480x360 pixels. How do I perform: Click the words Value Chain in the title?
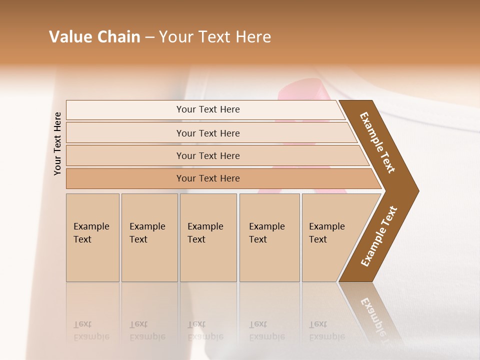(94, 37)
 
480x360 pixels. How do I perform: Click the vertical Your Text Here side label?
(57, 143)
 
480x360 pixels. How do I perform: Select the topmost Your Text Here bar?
(207, 109)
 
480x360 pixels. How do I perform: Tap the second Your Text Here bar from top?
(207, 133)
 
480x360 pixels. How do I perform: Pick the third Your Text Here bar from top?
(207, 155)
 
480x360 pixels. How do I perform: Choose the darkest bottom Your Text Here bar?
(207, 178)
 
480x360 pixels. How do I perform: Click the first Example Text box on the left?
(92, 237)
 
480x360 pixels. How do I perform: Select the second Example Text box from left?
(149, 237)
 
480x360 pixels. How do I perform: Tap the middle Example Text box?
(208, 237)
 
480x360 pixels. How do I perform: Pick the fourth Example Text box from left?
(269, 237)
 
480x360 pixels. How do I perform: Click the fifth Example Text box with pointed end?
(330, 237)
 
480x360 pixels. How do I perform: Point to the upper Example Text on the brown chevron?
(378, 142)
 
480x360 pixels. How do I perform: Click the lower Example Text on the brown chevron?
(379, 236)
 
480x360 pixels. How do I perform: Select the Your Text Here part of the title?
(215, 37)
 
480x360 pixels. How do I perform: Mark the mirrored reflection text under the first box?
(91, 330)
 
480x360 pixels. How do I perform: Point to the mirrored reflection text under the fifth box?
(326, 330)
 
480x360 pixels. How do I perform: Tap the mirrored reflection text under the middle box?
(205, 330)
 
